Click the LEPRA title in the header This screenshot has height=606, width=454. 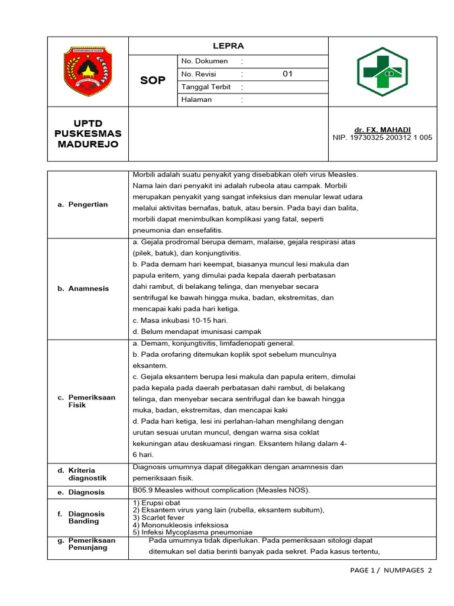point(228,46)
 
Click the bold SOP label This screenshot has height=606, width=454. point(153,80)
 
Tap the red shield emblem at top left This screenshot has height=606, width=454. point(87,72)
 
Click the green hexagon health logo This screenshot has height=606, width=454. point(382,72)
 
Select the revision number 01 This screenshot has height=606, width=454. point(288,74)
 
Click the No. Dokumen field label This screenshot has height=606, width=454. point(205,61)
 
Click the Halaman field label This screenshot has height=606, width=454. point(197,99)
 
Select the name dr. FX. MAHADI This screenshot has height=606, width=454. point(382,130)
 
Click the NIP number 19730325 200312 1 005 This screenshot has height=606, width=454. point(382,137)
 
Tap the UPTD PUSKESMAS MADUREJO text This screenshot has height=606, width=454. point(87,134)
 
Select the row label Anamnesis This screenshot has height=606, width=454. point(88,288)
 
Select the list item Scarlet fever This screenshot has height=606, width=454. point(155,517)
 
